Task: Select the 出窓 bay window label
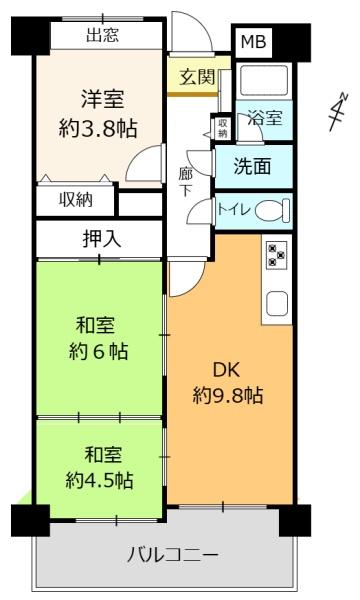(x=102, y=37)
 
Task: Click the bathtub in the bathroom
(x=265, y=81)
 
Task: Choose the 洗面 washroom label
(x=252, y=167)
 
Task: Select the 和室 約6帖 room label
(x=100, y=338)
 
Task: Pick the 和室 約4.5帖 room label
(x=100, y=468)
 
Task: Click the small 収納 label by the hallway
(x=221, y=127)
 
